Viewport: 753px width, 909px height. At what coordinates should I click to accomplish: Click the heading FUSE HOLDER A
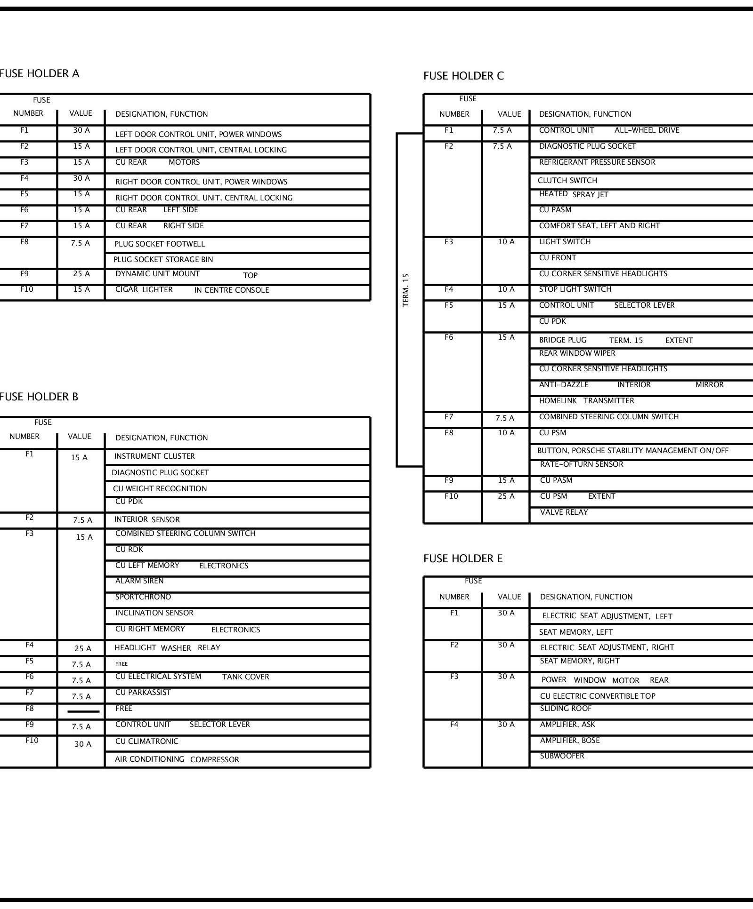pos(40,73)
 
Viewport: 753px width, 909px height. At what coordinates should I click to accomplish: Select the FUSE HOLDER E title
pos(463,558)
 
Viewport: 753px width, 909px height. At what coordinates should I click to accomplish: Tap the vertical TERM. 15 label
pos(406,290)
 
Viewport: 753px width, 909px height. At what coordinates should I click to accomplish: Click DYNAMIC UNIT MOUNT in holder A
pos(157,274)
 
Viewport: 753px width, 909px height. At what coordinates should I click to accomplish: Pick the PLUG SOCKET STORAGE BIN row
pos(163,260)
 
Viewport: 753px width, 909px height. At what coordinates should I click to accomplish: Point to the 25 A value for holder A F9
pos(81,274)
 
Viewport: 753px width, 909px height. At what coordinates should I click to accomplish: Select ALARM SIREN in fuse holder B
pos(139,581)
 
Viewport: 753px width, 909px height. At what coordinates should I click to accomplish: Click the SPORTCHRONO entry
pos(143,597)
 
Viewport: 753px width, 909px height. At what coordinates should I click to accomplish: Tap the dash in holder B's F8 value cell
pos(83,711)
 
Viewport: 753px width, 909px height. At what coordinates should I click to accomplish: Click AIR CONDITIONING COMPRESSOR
pos(177,759)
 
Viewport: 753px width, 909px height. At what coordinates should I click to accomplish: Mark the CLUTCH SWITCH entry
pos(567,181)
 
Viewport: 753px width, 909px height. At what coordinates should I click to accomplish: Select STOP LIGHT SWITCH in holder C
pos(575,289)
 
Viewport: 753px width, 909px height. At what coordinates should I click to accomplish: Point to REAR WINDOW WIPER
pos(577,353)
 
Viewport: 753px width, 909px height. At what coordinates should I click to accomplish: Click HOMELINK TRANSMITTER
pos(586,401)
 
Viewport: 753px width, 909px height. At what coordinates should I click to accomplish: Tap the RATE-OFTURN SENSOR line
pos(582,464)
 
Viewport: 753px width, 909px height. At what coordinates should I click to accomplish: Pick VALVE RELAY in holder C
pos(564,512)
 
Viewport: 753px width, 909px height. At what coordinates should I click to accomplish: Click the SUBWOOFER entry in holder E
pos(562,756)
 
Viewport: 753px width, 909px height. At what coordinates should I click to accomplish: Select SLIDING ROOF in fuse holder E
pos(566,709)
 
